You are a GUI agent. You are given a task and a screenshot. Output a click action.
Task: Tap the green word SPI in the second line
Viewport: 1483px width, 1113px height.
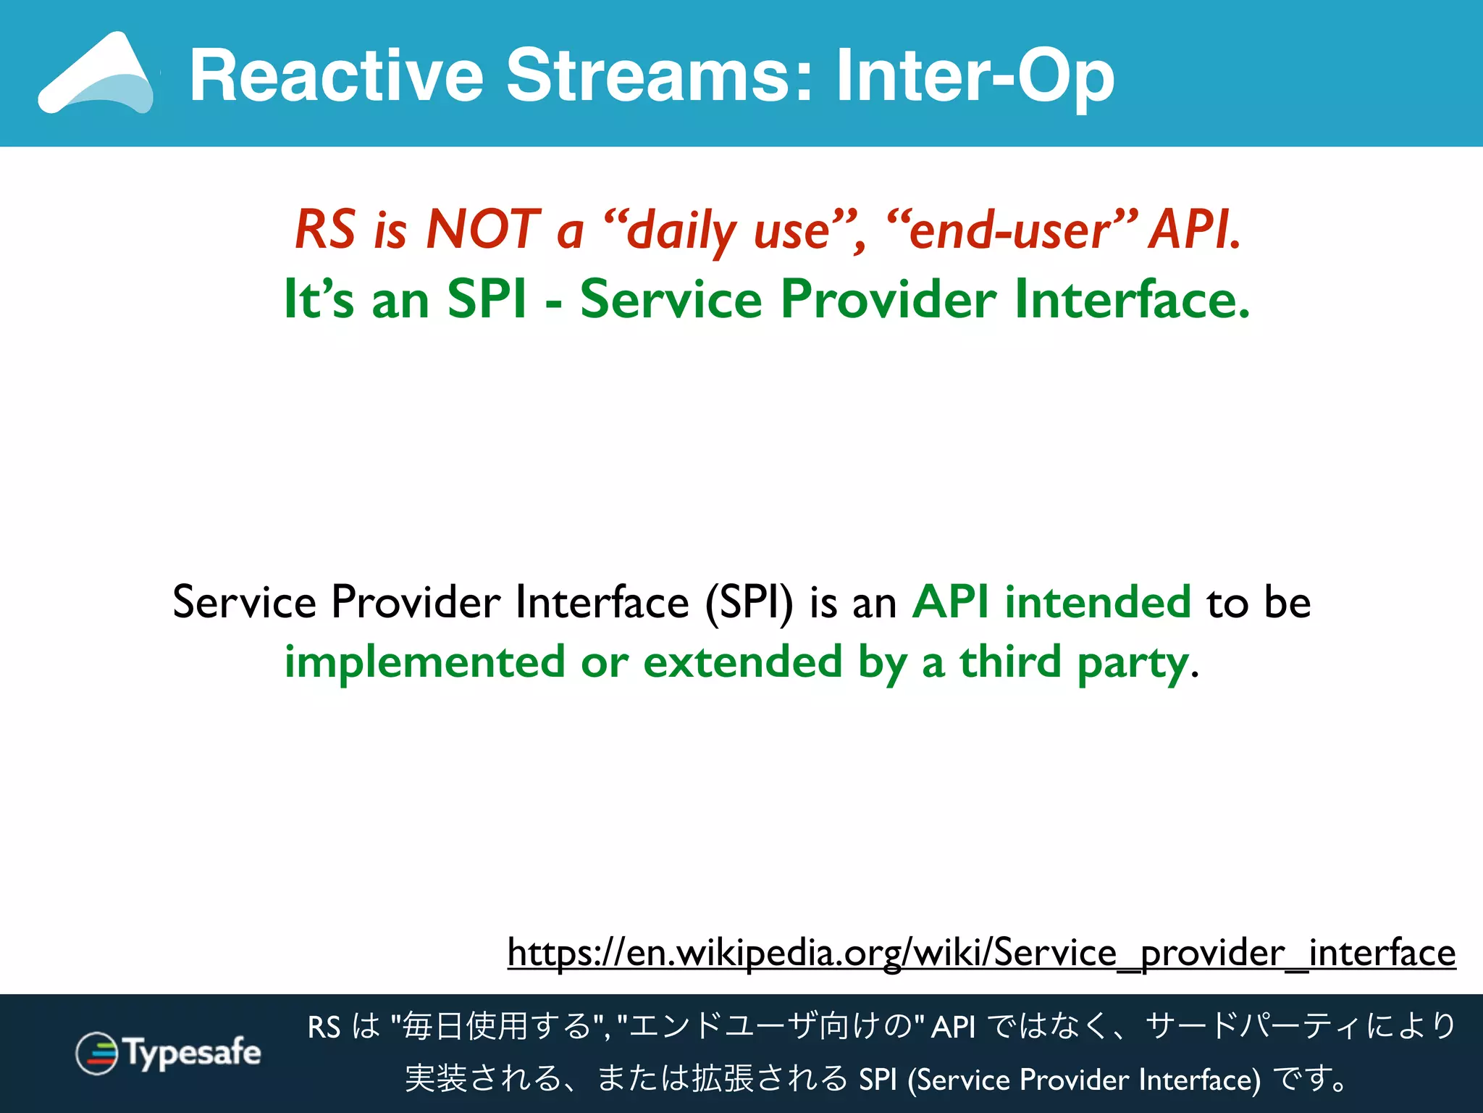tap(487, 299)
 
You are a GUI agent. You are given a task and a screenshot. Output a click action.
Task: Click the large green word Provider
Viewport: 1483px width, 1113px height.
tap(888, 299)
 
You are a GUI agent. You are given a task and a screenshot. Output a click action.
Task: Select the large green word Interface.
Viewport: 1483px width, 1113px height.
tap(1132, 299)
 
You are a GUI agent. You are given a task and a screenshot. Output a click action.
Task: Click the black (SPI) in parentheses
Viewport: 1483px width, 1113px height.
tap(749, 603)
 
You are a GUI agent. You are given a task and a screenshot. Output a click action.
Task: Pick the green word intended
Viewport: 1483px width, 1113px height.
tap(1097, 603)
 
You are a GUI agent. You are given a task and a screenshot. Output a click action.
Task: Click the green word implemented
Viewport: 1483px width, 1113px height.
tap(424, 662)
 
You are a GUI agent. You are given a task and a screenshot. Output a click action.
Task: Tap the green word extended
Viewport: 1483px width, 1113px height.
tap(742, 662)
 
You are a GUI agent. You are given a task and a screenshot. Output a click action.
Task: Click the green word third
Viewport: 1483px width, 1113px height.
tap(1010, 662)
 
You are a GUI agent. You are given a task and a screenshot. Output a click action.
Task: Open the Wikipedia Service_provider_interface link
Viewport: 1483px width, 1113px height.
tap(981, 953)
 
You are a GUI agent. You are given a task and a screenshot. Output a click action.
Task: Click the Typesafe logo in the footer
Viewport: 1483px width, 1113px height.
tap(168, 1053)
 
